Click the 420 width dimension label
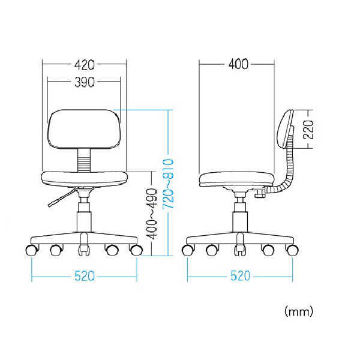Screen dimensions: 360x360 (x=84, y=65)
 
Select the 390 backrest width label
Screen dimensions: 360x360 (x=84, y=82)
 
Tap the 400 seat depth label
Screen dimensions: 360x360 (x=239, y=64)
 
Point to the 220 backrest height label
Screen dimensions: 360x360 (x=308, y=130)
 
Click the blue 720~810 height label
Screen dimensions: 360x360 (x=168, y=184)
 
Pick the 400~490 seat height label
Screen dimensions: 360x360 (x=152, y=214)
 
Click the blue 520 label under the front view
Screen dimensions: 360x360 (x=84, y=276)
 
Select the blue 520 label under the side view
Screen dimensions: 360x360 (x=240, y=276)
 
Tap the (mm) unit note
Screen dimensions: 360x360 (x=299, y=312)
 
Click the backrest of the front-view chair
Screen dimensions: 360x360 (x=84, y=129)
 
